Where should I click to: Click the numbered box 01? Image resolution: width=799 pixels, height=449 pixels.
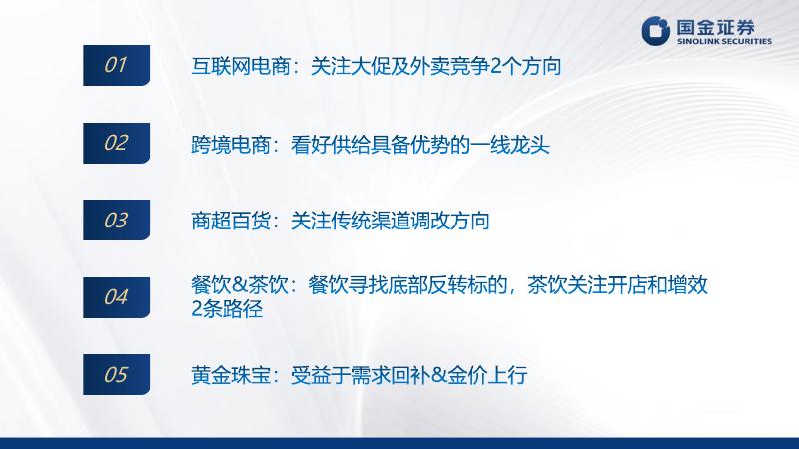click(x=116, y=65)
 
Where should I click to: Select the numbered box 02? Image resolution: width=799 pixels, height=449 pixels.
click(x=116, y=143)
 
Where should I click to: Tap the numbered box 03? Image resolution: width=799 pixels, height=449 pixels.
click(x=116, y=220)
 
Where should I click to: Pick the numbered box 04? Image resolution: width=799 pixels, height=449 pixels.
click(x=116, y=297)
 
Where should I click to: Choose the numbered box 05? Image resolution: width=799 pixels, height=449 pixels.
click(x=116, y=375)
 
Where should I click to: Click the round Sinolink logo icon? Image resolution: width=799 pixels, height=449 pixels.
click(x=655, y=31)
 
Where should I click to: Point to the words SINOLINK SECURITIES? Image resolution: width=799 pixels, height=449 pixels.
click(x=724, y=41)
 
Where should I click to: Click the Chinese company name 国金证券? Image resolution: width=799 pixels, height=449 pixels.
click(x=715, y=27)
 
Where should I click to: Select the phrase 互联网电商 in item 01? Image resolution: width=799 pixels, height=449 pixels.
click(x=241, y=66)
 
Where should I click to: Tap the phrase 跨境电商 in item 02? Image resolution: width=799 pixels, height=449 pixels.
click(x=231, y=145)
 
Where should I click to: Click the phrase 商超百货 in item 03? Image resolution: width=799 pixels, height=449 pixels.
click(x=231, y=221)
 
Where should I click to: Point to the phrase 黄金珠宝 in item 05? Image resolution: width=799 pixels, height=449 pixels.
click(x=231, y=376)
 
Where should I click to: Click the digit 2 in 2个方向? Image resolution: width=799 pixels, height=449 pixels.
click(x=495, y=67)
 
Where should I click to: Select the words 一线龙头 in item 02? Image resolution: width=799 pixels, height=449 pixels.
click(x=510, y=145)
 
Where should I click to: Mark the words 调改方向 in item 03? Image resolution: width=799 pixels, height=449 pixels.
click(x=450, y=221)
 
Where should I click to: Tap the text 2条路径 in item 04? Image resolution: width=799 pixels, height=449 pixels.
click(x=227, y=309)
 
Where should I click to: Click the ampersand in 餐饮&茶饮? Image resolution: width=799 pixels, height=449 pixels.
click(x=240, y=285)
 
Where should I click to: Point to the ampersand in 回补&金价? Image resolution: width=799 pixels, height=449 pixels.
click(x=439, y=376)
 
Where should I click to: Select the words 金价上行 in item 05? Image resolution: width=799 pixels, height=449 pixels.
click(x=487, y=376)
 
